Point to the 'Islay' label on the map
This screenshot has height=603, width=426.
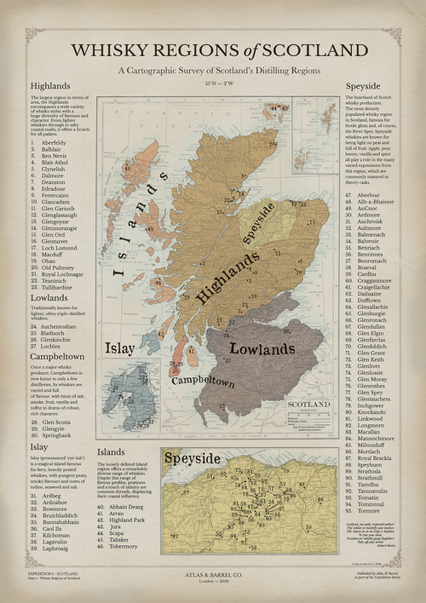[119, 348]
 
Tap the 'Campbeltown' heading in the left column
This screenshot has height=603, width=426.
[57, 357]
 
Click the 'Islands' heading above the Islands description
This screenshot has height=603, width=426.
[111, 451]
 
